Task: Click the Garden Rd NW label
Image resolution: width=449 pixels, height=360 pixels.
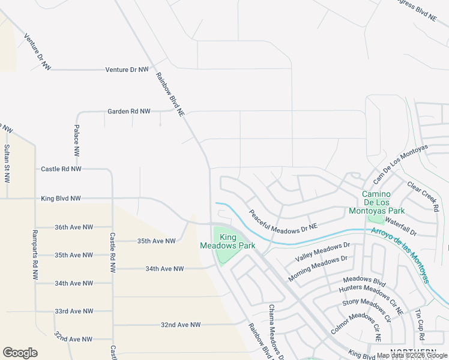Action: pyautogui.click(x=128, y=112)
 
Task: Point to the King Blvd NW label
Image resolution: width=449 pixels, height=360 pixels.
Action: pyautogui.click(x=61, y=198)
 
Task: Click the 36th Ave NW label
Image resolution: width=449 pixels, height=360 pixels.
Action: pyautogui.click(x=74, y=227)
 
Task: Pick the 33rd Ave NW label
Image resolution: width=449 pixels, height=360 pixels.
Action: pyautogui.click(x=74, y=311)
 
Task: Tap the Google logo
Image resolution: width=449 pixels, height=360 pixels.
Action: pyautogui.click(x=20, y=353)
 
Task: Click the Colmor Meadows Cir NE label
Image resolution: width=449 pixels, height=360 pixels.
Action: pyautogui.click(x=356, y=326)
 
